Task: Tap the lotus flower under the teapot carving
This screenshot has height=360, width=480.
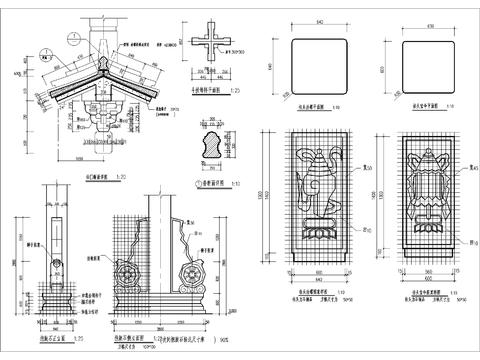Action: [x=316, y=228]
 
